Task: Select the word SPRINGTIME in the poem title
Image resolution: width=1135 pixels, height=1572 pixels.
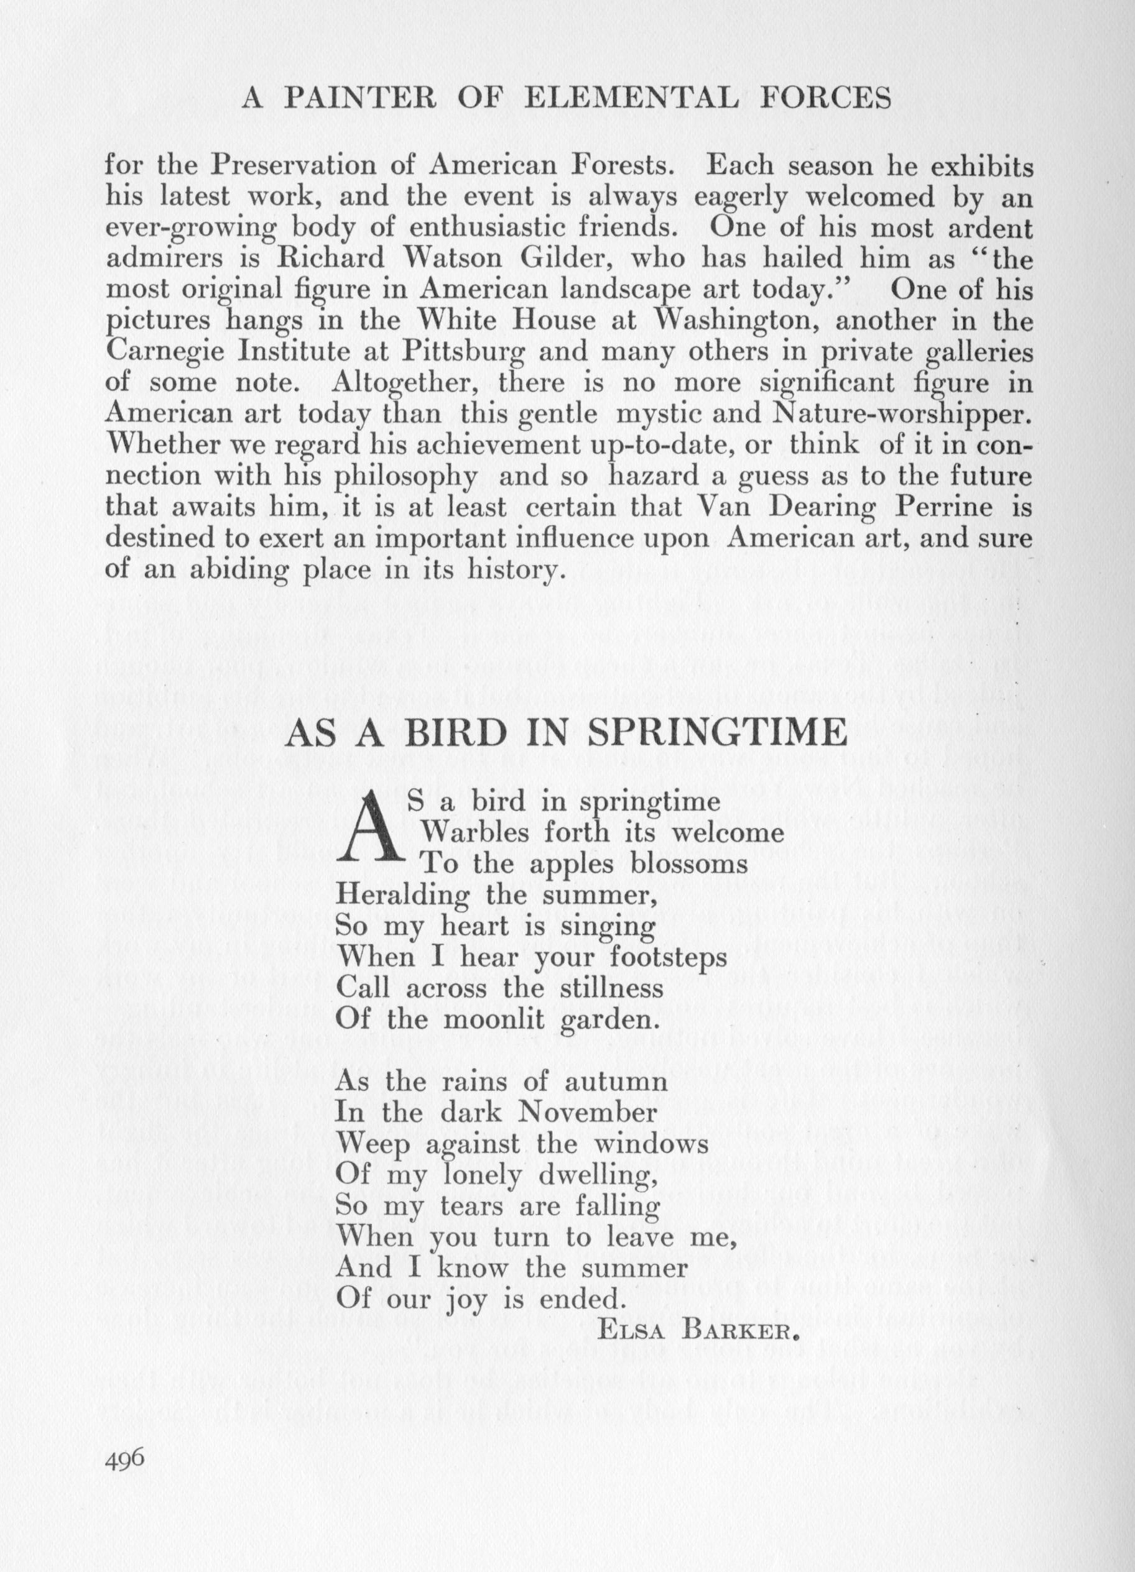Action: click(x=716, y=732)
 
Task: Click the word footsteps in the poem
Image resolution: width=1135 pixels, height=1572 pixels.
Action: click(x=665, y=957)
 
